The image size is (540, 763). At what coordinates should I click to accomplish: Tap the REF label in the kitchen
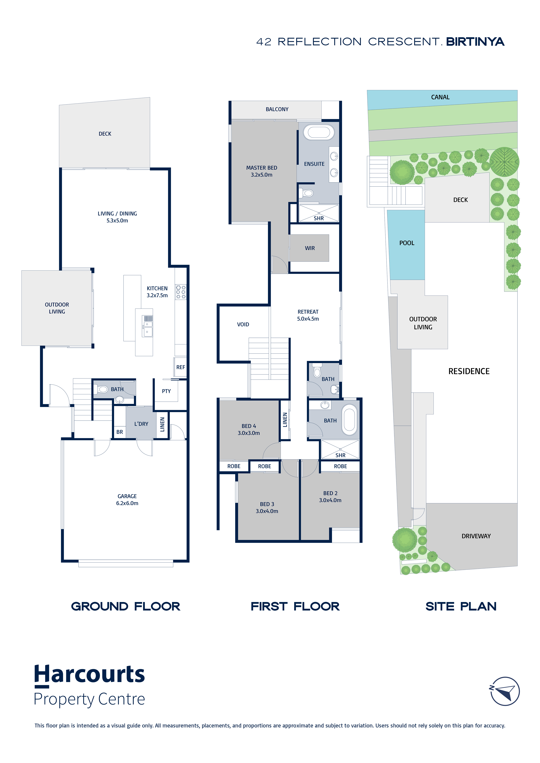(x=181, y=367)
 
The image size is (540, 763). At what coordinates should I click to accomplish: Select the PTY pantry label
(x=166, y=391)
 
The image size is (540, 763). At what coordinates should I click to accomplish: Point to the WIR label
(x=310, y=248)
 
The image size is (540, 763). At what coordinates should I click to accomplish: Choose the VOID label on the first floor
(x=243, y=324)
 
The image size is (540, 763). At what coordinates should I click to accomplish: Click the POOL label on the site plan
(x=407, y=243)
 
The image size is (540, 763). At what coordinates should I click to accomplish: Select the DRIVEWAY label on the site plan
(x=476, y=536)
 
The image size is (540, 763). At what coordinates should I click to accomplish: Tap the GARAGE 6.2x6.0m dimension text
(x=127, y=503)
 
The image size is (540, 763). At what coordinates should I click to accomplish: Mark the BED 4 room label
(x=249, y=426)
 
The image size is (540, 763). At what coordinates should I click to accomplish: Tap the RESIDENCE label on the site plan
(x=469, y=371)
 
